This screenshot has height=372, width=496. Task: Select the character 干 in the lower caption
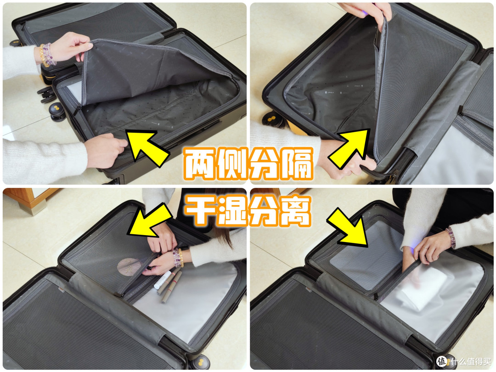(x=200, y=210)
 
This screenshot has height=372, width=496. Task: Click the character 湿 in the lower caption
(x=232, y=210)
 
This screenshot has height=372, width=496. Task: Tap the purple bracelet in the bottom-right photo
(x=451, y=237)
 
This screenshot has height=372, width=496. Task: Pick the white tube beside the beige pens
(x=163, y=280)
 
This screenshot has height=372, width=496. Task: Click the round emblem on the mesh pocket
(x=130, y=267)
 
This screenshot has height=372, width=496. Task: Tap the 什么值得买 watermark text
(x=470, y=361)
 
